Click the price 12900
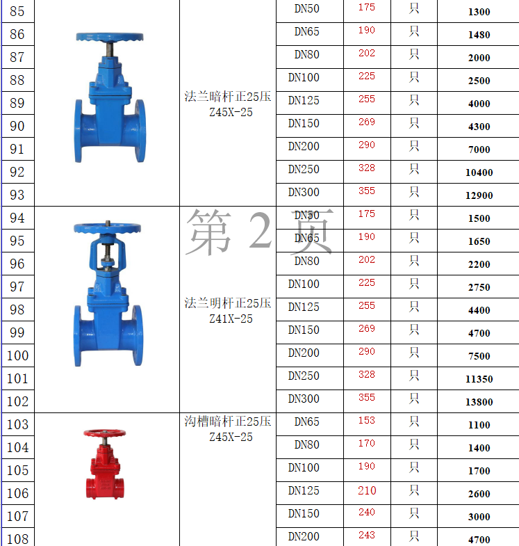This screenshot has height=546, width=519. pos(479,195)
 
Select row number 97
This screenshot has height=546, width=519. pos(17,287)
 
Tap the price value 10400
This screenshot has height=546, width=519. pos(479,172)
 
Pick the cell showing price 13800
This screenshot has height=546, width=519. pos(479,402)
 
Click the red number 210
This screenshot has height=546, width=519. pos(367,490)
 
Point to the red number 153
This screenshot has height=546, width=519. pos(367,420)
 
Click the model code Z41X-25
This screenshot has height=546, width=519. pos(231,319)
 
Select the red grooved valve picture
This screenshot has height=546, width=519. pos(105,464)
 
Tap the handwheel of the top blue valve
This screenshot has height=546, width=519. pos(110,37)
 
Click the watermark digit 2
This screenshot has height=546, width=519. pos(261,230)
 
